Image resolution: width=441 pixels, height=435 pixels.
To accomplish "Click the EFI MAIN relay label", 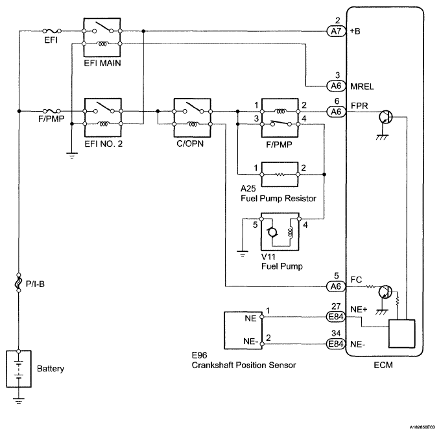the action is point(102,63).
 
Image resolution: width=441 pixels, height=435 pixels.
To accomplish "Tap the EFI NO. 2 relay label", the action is point(104,144).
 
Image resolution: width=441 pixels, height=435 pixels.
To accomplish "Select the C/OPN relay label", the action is point(190,143).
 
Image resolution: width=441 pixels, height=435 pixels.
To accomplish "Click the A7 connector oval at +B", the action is point(336,31).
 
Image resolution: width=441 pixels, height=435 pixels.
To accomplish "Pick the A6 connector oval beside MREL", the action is point(336,86).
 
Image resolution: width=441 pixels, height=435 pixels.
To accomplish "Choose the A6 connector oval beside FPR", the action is point(336,112).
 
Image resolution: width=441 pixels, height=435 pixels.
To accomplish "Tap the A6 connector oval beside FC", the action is point(336,286).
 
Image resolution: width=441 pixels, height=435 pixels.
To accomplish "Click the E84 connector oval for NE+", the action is point(336,317).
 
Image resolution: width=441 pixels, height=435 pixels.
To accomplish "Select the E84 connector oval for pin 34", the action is point(336,343).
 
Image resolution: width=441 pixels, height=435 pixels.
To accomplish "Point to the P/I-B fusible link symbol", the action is point(19,282).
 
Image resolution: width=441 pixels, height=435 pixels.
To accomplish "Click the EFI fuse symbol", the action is point(51,31).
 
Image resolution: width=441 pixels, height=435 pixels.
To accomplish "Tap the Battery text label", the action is point(51,369).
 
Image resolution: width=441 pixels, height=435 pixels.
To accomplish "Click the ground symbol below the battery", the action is point(19,401).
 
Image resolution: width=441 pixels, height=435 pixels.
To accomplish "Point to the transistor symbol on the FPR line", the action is point(385,117).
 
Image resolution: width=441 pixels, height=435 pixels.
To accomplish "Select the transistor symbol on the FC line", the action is point(385,292).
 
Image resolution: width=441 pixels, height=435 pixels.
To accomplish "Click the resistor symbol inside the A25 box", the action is point(280,175).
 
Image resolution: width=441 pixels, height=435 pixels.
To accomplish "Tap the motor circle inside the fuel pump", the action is point(272,232).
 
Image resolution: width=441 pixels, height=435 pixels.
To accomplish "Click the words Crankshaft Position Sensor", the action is point(244,365).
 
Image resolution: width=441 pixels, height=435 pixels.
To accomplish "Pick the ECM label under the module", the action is point(383,365).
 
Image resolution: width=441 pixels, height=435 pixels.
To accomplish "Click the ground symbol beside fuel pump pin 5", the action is point(243,253).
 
